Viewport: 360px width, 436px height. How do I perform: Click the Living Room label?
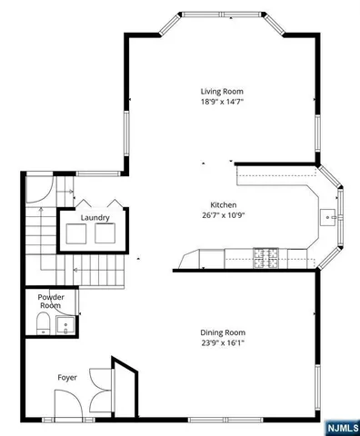pos(222,91)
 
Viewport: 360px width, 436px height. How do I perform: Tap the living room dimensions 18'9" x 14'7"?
pos(222,102)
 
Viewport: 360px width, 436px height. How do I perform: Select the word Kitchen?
pos(224,204)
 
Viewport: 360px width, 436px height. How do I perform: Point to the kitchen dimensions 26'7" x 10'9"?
pos(224,215)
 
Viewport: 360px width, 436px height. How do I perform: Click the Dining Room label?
pos(223,332)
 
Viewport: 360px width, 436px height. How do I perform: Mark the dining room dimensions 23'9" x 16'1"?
pos(223,343)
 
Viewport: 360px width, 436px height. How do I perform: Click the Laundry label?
pos(95,218)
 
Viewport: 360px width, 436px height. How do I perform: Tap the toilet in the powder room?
pos(40,324)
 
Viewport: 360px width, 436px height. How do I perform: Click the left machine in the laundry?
pos(76,235)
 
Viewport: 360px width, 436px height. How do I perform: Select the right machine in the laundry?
pos(107,235)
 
